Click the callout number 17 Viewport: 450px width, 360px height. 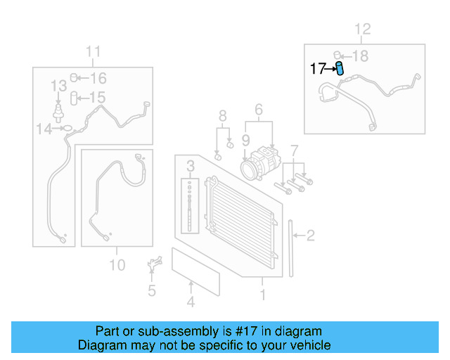click(x=318, y=69)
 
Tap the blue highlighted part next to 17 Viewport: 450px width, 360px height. click(x=340, y=68)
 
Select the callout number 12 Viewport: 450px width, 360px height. click(x=361, y=30)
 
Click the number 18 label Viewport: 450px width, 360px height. click(x=359, y=56)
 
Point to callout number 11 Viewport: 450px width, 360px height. click(x=94, y=51)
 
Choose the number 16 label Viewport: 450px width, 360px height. click(x=98, y=78)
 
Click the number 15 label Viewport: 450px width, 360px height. click(x=97, y=98)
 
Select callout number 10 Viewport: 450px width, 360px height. click(x=117, y=265)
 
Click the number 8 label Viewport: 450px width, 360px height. click(x=223, y=115)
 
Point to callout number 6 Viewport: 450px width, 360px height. click(x=258, y=110)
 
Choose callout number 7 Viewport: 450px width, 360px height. click(x=295, y=150)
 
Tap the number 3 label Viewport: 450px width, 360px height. click(x=190, y=166)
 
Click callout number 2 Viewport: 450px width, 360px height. click(x=310, y=236)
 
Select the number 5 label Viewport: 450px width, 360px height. click(x=151, y=290)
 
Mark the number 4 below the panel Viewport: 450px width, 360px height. click(x=190, y=303)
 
